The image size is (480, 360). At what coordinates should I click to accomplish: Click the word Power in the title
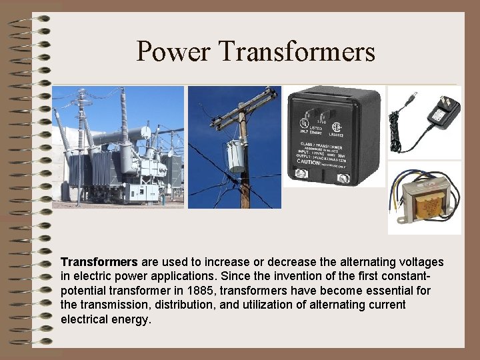173,51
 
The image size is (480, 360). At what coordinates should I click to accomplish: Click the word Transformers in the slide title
297,51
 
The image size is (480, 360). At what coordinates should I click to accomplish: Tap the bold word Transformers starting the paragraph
99,263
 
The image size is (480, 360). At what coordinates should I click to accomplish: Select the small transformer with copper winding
424,198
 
